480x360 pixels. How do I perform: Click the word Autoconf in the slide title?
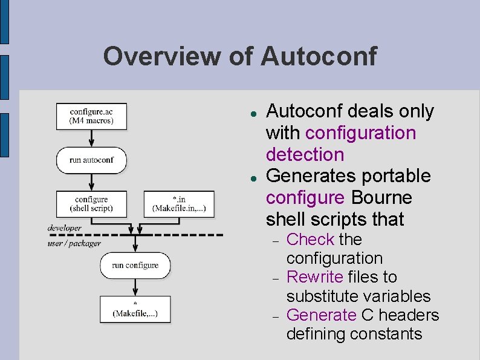(319, 56)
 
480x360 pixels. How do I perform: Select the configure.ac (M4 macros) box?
(91, 116)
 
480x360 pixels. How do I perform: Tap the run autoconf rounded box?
(91, 160)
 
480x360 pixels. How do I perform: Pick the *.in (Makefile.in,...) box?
(180, 204)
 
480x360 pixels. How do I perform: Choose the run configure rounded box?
(135, 266)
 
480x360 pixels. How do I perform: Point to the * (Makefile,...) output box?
(135, 309)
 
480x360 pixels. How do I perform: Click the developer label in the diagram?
(65, 228)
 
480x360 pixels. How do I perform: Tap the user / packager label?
(74, 243)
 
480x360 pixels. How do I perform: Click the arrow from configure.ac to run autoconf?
(91, 138)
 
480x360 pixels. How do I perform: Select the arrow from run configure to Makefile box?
(135, 287)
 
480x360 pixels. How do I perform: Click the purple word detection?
(305, 154)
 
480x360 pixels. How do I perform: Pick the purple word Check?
(310, 240)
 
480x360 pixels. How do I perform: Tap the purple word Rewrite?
(314, 277)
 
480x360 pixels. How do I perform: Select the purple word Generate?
(321, 315)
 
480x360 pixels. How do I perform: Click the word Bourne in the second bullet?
(381, 198)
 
